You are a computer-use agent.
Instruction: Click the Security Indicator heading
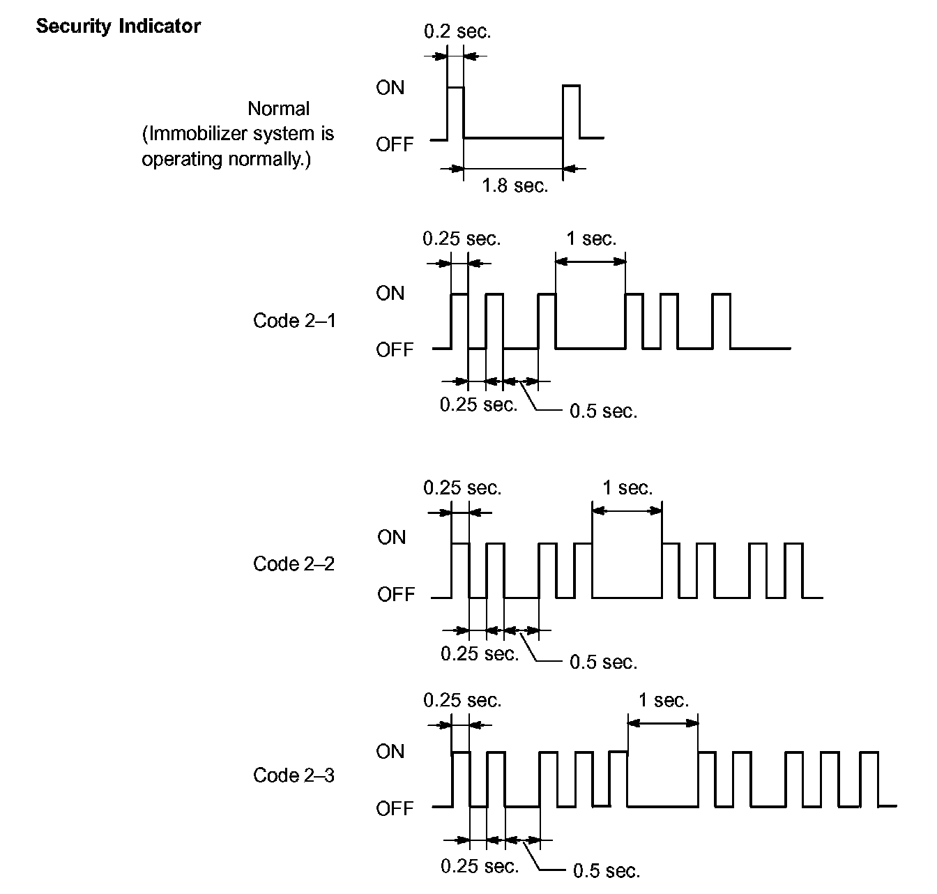pos(119,26)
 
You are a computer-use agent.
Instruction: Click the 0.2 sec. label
pos(457,31)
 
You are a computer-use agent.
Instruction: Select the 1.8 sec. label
pos(515,186)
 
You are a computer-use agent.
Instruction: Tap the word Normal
pos(279,109)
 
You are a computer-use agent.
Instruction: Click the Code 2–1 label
pos(294,321)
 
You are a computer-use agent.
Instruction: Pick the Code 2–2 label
pos(294,563)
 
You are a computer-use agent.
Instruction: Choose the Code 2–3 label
pos(294,775)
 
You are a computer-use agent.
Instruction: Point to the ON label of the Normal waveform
pos(390,88)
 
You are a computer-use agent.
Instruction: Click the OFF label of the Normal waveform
pos(395,144)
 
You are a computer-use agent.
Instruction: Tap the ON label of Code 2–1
pos(390,294)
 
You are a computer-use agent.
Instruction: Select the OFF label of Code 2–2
pos(396,595)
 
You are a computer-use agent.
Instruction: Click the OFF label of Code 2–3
pos(395,809)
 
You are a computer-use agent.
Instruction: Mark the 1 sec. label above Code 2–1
pos(591,239)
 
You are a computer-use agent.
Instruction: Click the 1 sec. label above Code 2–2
pos(627,488)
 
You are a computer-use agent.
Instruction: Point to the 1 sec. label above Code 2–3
pos(664,700)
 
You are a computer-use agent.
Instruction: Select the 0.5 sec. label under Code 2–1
pos(604,411)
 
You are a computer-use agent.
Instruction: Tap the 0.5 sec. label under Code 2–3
pos(607,871)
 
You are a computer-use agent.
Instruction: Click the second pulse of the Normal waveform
pos(571,112)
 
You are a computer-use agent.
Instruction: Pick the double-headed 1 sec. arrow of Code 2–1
pos(591,262)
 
